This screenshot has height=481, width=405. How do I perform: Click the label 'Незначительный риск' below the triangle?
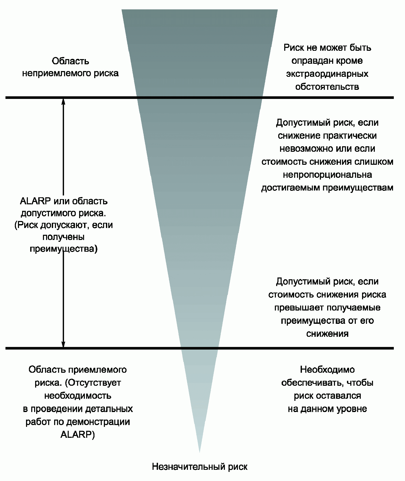point(200,467)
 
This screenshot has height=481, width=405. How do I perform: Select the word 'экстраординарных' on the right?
point(327,74)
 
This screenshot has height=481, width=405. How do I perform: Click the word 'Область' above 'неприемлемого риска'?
point(71,61)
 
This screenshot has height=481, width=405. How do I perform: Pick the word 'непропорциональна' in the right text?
point(327,175)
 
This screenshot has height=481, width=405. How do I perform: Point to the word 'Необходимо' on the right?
point(327,370)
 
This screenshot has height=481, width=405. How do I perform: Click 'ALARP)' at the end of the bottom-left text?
point(78,435)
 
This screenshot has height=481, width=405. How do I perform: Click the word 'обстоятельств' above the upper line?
point(327,86)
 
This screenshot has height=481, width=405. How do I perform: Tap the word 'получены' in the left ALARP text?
point(64,237)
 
